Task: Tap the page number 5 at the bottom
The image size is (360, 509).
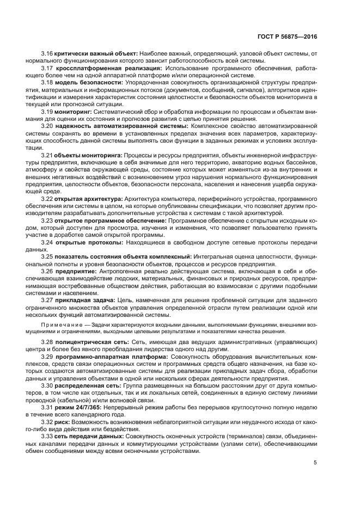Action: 315,463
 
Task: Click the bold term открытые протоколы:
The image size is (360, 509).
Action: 89,242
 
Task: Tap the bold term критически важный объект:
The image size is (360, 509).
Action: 96,54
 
